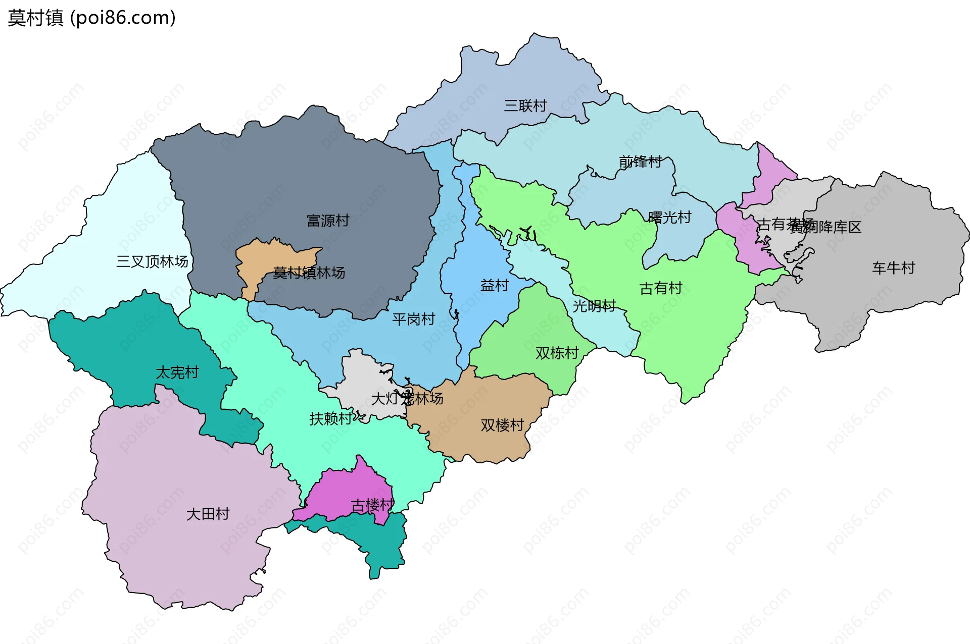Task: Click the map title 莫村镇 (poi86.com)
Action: click(91, 18)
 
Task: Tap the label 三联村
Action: click(525, 106)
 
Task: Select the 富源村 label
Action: click(328, 221)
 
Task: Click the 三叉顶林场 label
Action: click(152, 261)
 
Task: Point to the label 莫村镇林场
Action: click(309, 273)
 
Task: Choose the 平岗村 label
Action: click(413, 319)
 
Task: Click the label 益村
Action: click(494, 286)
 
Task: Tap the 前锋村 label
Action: click(640, 162)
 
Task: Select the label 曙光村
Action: click(669, 218)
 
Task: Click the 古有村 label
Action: click(661, 288)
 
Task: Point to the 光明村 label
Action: click(594, 306)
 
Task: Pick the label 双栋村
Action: click(557, 353)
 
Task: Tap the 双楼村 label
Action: click(502, 425)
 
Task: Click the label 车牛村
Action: click(893, 268)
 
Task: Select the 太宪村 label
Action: click(177, 372)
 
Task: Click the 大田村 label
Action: click(208, 514)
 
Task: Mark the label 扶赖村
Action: click(331, 418)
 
